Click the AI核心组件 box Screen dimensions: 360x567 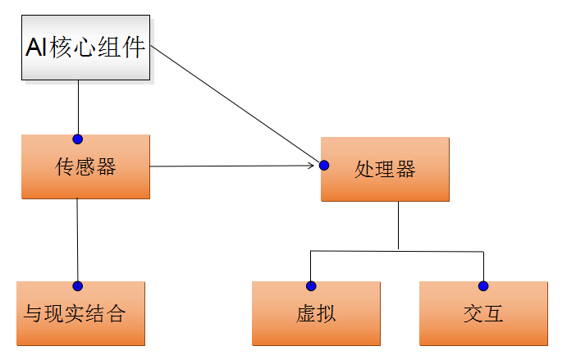85,48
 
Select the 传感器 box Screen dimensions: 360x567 85,166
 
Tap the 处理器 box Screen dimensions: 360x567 385,169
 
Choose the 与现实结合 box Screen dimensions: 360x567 80,313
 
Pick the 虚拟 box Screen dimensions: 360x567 316,313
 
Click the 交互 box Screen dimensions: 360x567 483,313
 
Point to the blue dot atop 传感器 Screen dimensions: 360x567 78,139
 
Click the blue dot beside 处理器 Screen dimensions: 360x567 324,166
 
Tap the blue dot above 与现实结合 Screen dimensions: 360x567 78,285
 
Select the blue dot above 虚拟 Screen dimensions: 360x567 311,285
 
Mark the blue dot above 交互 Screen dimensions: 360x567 483,285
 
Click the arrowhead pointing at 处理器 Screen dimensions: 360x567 311,166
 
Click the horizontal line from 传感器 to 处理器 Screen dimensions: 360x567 230,166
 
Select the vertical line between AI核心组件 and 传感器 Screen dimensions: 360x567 78,107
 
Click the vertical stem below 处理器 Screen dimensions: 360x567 398,225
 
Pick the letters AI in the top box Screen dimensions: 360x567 37,48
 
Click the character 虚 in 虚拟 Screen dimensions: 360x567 305,314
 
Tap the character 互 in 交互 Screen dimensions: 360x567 493,314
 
